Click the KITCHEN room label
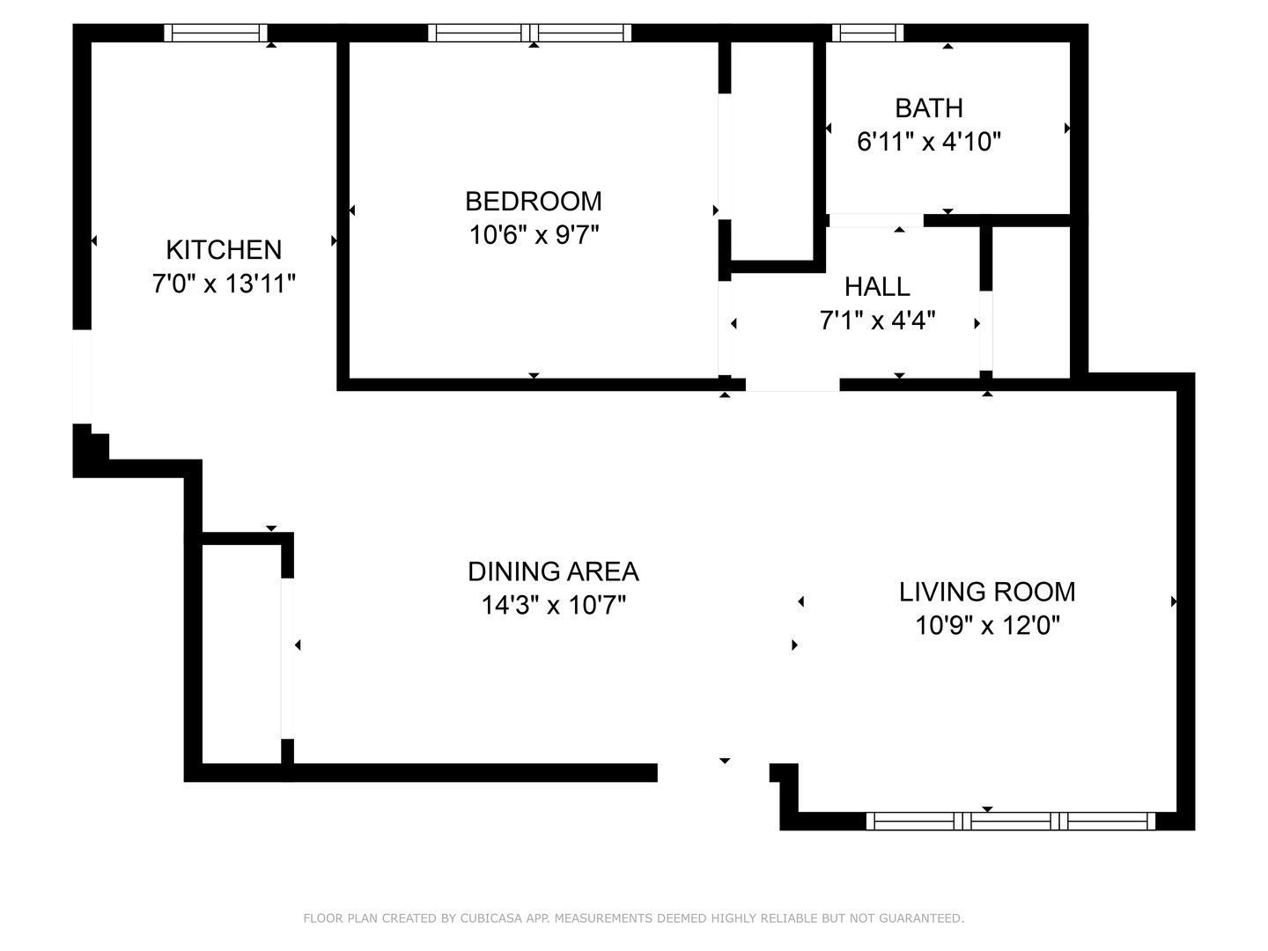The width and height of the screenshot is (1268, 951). tap(224, 250)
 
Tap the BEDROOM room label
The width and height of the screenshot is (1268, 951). tap(534, 202)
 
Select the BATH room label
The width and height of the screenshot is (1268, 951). tap(928, 108)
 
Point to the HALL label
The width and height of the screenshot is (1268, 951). tap(877, 287)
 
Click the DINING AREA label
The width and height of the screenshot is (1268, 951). tap(553, 572)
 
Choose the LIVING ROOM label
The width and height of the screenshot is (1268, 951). tap(987, 592)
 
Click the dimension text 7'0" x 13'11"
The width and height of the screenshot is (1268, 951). tap(224, 284)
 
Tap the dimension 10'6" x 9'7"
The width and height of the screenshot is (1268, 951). tap(534, 236)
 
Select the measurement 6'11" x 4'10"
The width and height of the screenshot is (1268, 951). tap(929, 142)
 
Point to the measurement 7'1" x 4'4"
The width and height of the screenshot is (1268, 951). tap(877, 321)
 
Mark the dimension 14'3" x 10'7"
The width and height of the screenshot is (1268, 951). tap(553, 607)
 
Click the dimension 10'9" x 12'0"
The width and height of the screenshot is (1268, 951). tap(987, 626)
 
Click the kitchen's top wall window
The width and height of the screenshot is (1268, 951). tap(216, 33)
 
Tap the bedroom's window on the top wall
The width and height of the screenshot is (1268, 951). tap(530, 33)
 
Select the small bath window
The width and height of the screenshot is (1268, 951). tap(868, 33)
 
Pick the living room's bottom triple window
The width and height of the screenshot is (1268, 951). tap(1011, 821)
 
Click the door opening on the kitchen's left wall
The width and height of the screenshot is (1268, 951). tap(82, 376)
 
